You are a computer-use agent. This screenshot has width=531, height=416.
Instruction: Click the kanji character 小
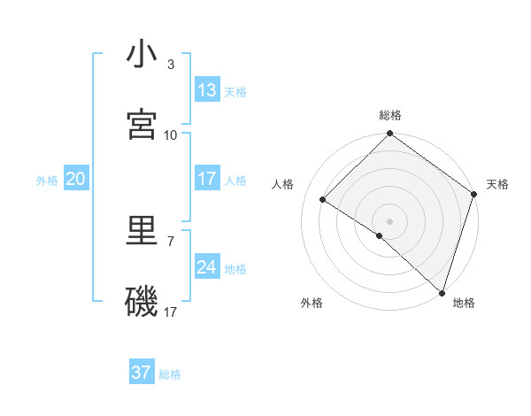[x=142, y=56]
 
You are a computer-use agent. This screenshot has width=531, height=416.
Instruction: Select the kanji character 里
[x=142, y=232]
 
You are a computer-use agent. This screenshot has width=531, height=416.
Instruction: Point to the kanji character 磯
[x=142, y=302]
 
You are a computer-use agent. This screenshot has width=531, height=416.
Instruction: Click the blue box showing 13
[x=207, y=90]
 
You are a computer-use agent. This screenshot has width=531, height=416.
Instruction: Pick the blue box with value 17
[x=207, y=180]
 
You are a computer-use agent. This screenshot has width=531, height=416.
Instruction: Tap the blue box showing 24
[x=207, y=267]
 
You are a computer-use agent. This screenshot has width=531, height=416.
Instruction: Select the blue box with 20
[x=76, y=180]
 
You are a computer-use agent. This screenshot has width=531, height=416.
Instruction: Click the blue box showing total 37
[x=142, y=373]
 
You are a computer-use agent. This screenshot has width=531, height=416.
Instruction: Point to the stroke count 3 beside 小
[x=170, y=65]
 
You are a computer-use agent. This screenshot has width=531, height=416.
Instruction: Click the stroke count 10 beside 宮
[x=171, y=135]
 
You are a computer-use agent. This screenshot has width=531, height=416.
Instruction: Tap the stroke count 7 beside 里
[x=170, y=241]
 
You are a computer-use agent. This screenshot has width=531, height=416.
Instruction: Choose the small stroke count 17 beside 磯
[x=171, y=312]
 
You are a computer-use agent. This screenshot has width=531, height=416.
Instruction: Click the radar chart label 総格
[x=390, y=115]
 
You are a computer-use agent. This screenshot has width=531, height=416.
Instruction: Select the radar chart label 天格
[x=497, y=184]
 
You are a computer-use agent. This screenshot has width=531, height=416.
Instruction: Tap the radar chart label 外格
[x=312, y=303]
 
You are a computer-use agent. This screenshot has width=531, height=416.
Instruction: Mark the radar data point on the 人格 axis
[x=324, y=200]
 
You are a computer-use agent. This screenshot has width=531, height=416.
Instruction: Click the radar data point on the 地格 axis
[x=442, y=291]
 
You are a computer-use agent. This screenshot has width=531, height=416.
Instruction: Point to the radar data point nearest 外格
[x=380, y=235]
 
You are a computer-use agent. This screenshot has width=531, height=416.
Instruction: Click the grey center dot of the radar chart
[x=390, y=220]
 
